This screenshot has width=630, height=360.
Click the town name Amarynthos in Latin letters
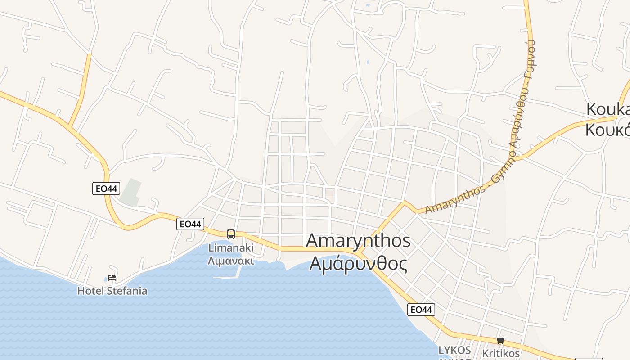pos(358,241)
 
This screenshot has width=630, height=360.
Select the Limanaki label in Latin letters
pos(231,247)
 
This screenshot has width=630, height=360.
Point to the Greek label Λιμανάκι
pos(231,261)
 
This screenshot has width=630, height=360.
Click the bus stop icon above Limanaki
pos(231,234)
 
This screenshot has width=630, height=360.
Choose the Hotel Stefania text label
pos(112,291)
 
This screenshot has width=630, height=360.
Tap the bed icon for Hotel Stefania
pos(112,278)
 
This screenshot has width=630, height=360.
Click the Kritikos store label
pos(501,353)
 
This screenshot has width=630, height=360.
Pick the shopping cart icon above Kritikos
pos(501,341)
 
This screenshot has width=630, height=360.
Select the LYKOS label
pos(454,350)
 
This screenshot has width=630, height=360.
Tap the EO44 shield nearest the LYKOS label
pos(422,310)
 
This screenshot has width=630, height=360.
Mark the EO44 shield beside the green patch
pos(106,189)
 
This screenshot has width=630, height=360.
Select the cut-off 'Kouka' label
pos(607,109)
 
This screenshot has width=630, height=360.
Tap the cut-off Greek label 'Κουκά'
pos(607,130)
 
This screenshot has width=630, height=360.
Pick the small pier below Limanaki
pos(227,277)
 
